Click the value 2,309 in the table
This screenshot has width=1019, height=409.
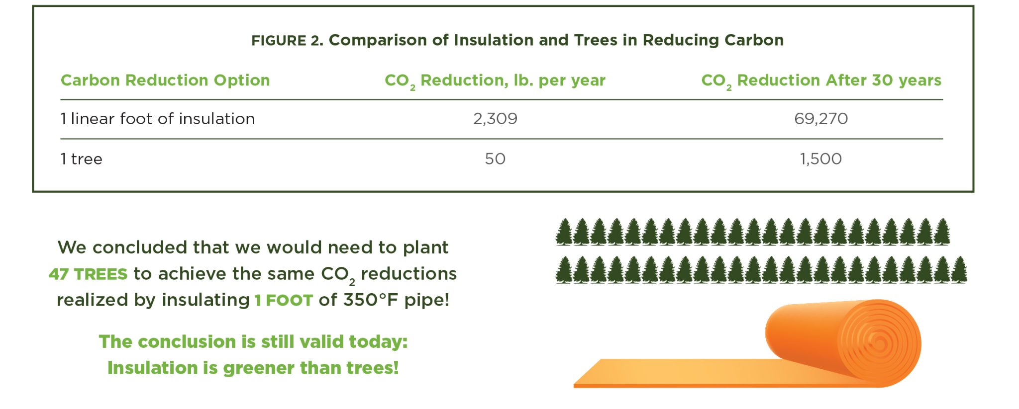495,119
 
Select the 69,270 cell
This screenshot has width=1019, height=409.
821,119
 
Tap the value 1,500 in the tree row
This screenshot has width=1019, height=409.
821,159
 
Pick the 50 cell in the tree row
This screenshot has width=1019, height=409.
495,159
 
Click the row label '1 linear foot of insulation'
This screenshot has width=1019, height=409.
158,119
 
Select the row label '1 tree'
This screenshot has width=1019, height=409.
82,159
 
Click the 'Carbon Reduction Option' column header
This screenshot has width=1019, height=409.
165,80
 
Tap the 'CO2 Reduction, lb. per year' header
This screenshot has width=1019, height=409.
495,81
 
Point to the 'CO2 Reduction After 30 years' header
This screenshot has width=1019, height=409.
821,81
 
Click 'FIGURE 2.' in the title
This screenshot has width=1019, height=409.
287,40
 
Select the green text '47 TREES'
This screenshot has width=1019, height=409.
88,274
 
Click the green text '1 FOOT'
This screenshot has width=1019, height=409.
284,301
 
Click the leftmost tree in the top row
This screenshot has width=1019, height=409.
564,232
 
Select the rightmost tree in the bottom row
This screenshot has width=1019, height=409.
959,270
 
